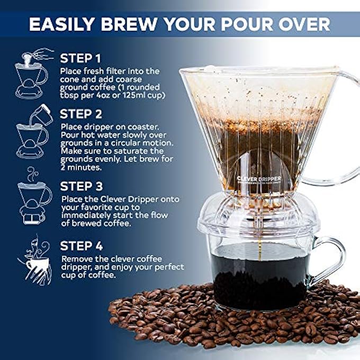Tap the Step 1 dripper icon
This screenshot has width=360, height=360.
(33, 74)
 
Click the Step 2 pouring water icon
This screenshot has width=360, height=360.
(35, 132)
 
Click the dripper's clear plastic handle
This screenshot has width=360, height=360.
(344, 127)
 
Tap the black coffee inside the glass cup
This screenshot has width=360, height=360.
(259, 275)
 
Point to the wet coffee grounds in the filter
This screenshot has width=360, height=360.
(259, 132)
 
